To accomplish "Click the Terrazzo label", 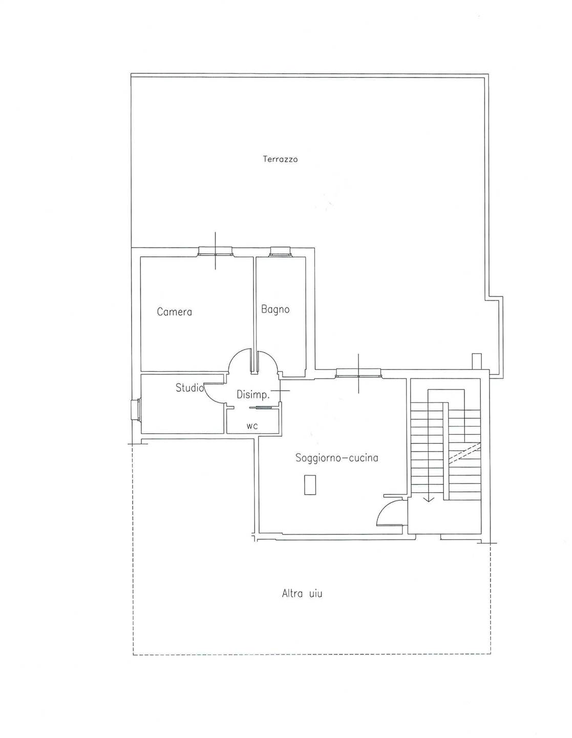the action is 280,159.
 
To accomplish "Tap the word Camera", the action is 175,312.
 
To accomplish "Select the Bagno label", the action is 275,310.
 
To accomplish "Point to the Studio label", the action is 189,387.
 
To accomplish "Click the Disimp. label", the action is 253,395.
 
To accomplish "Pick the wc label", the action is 252,426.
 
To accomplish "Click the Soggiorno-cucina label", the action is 336,458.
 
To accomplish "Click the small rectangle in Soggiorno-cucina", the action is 310,485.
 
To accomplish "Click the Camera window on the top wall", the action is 216,251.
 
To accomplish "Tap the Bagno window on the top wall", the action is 280,251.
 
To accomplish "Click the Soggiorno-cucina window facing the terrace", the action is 358,373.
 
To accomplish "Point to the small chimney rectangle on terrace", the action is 477,361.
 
